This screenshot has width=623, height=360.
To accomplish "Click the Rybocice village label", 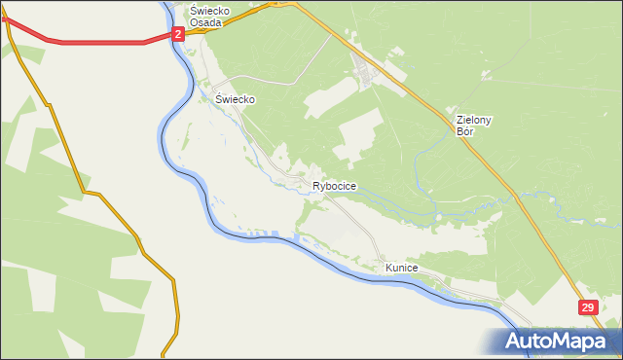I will (334, 186).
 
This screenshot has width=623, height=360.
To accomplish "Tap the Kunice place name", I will (401, 267).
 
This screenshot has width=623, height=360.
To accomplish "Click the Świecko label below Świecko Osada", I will (235, 99).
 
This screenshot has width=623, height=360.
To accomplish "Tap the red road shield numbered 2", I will (178, 34).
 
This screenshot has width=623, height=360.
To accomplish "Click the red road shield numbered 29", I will (588, 307).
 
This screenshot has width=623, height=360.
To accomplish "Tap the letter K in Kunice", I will (388, 267).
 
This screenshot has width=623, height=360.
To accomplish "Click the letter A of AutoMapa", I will (516, 342).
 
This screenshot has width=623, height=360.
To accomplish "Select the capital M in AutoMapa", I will (565, 341).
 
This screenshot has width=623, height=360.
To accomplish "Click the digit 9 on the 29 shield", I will (591, 307).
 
